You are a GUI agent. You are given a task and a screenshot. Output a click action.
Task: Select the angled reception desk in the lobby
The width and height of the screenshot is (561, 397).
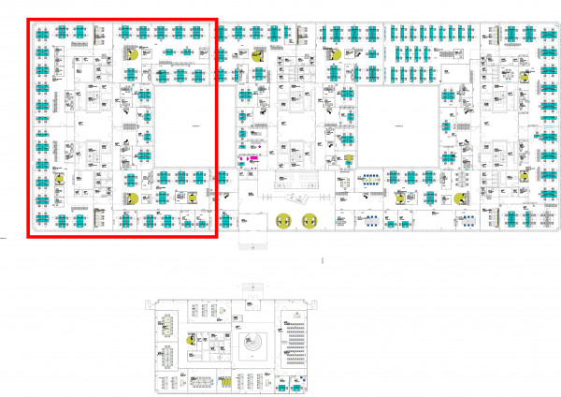pos(296,198)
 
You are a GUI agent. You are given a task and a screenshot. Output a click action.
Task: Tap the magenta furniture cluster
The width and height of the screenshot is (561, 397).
pos(248,160)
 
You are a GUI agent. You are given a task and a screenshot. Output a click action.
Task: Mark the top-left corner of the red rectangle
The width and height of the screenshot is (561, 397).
pos(27,18)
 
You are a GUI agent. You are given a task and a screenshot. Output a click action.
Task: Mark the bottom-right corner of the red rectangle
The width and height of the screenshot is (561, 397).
pos(217,237)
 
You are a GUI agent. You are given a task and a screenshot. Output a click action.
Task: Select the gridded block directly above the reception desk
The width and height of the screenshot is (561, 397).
pos(296,178)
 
